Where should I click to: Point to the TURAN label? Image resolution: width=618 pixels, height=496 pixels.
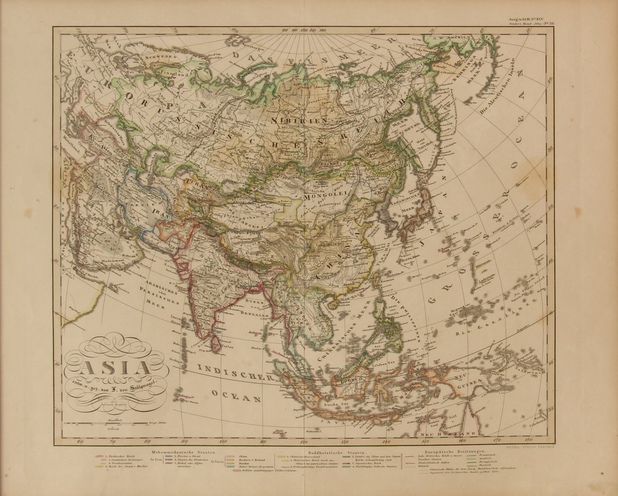pyautogui.click(x=196, y=187)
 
